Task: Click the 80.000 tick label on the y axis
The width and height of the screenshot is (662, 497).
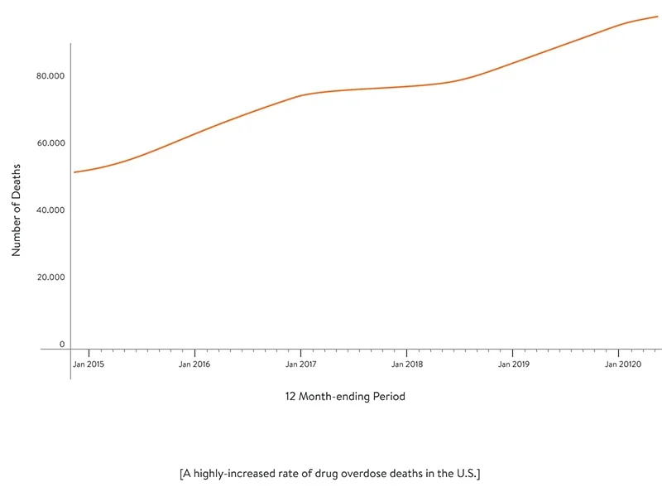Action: [50, 76]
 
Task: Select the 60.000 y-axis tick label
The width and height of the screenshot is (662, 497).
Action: [50, 143]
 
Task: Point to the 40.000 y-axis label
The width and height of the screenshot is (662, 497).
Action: [50, 210]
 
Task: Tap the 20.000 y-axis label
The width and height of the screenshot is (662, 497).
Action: [50, 277]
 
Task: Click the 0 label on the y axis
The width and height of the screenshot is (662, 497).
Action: [61, 344]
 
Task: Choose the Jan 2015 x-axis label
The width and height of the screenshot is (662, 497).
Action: [89, 364]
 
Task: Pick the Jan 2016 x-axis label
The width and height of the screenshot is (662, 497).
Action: [194, 364]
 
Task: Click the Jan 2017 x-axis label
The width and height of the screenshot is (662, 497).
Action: [301, 364]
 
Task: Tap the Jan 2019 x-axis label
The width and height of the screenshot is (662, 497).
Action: [514, 364]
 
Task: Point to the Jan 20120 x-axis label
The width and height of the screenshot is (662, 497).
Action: [622, 364]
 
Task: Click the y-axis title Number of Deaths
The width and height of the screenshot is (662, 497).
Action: [17, 210]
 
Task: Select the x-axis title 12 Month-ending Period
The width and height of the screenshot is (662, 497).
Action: [345, 397]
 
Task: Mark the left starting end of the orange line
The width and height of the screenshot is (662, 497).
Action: [74, 172]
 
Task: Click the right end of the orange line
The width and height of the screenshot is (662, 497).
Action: [658, 17]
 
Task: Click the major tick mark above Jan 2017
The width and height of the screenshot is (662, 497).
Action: [300, 354]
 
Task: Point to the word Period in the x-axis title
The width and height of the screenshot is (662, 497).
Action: [388, 397]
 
